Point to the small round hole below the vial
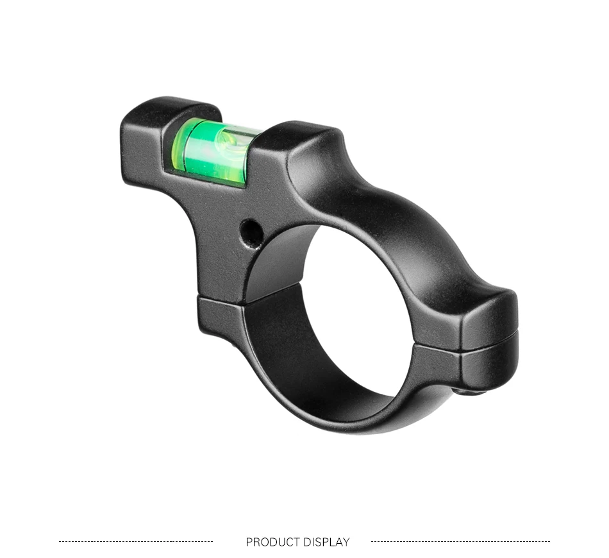251,232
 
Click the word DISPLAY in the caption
327,542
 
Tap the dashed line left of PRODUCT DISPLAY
136,541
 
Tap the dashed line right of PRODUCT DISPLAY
460,541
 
